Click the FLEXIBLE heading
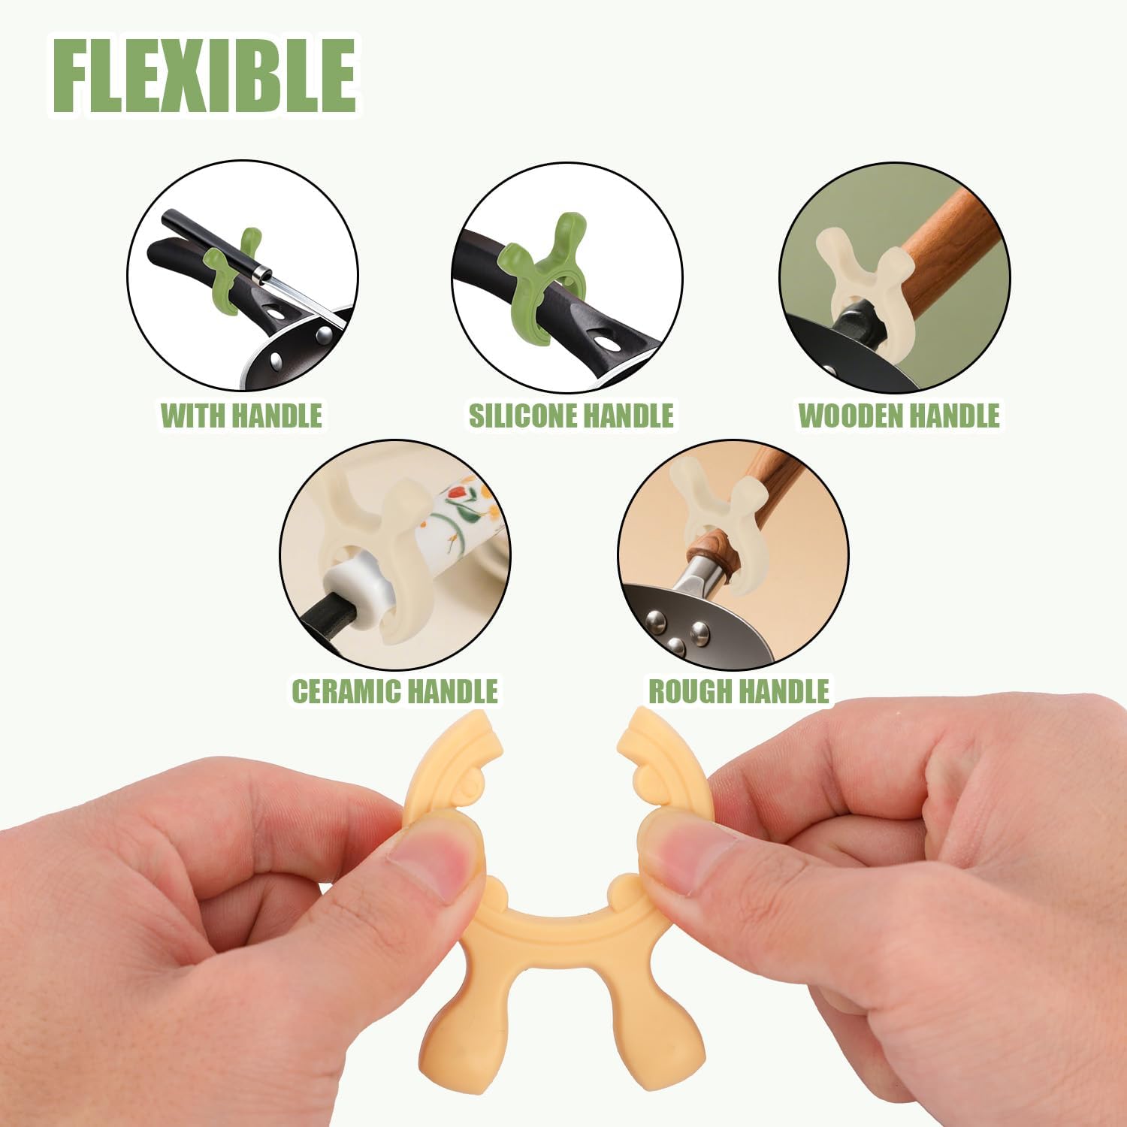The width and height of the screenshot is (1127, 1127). [x=204, y=76]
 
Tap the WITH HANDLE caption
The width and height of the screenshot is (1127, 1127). [x=241, y=415]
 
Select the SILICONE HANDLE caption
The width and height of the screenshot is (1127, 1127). [x=571, y=415]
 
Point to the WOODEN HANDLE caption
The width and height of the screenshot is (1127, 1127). [x=899, y=415]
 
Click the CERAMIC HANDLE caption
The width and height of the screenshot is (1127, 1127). [x=394, y=691]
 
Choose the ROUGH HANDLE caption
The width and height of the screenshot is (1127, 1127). [x=739, y=691]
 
